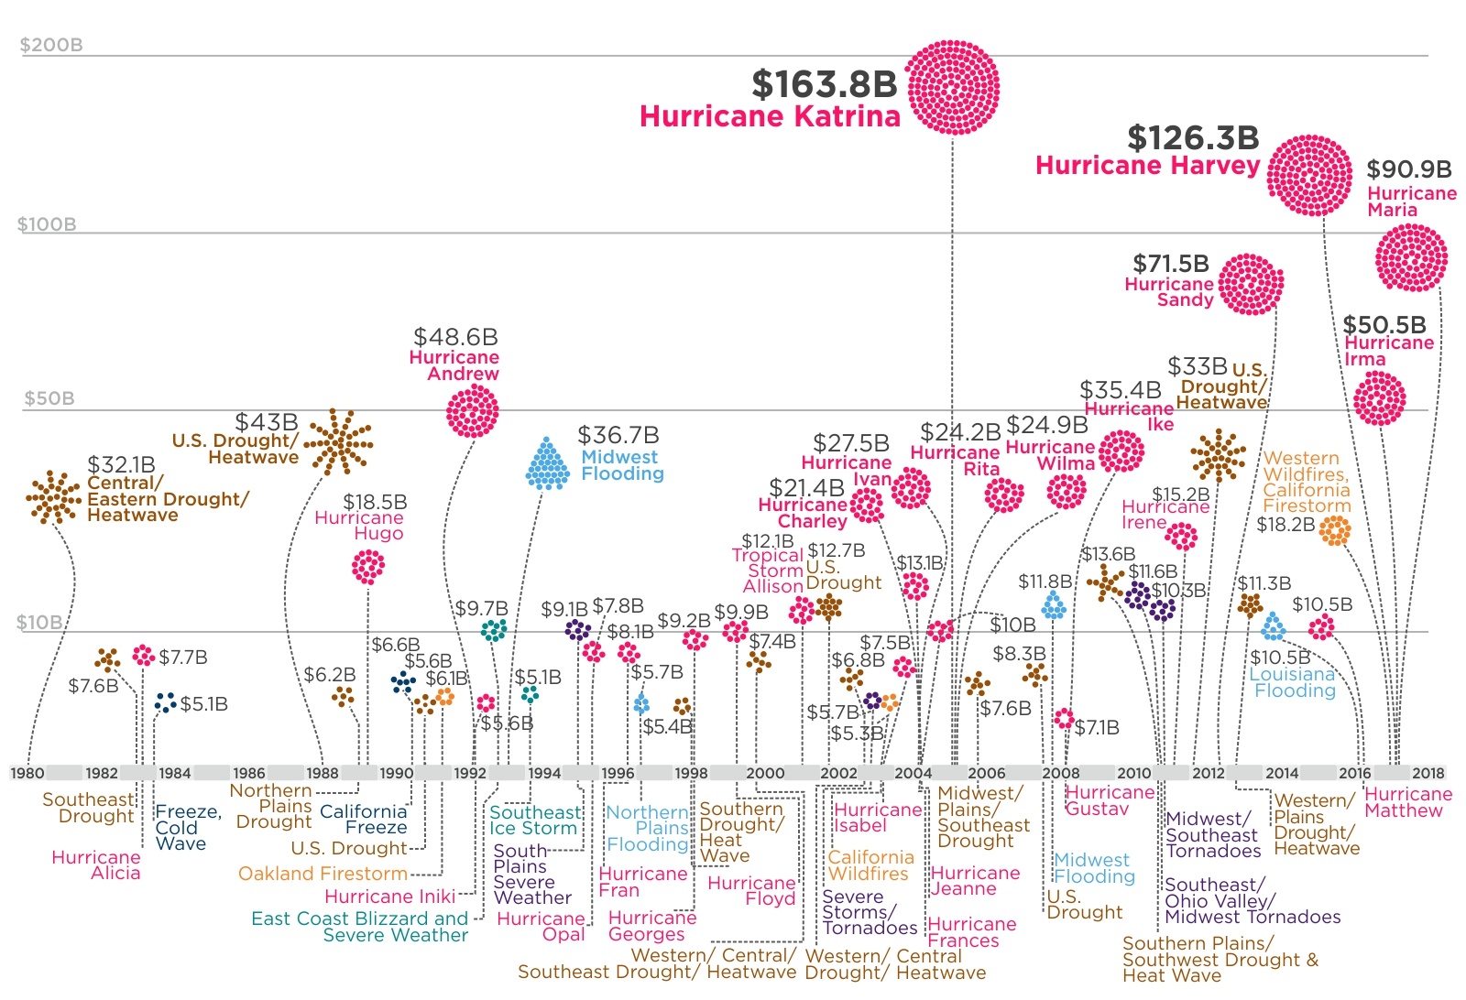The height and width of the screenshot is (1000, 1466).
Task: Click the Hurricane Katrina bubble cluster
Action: click(952, 88)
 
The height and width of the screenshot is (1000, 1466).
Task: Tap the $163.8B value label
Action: click(824, 84)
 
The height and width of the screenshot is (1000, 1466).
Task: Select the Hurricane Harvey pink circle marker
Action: click(1309, 175)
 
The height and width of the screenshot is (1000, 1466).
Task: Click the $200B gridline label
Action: click(51, 45)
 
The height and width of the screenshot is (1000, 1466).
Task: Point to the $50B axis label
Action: click(49, 398)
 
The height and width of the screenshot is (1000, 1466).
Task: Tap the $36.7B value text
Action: click(618, 435)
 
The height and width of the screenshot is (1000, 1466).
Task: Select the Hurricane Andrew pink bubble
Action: click(472, 411)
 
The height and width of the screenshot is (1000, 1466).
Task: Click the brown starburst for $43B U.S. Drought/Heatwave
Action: click(338, 442)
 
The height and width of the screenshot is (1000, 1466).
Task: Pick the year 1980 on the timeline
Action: click(27, 773)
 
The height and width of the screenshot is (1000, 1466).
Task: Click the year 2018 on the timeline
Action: click(1428, 773)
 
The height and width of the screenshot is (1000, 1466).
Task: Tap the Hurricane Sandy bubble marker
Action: click(1251, 285)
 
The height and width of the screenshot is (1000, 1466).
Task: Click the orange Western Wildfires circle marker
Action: click(1335, 529)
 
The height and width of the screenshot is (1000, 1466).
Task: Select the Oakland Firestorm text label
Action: click(323, 874)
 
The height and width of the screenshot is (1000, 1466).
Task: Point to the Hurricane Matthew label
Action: click(1407, 802)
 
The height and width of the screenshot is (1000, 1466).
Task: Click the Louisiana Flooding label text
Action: click(1294, 682)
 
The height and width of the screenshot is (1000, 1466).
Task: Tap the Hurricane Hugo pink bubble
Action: click(368, 567)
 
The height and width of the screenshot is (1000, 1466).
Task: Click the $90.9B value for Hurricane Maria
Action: click(1408, 169)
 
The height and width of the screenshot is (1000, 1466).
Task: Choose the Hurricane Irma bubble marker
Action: click(1379, 398)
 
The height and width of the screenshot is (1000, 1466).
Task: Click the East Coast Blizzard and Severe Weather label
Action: click(360, 927)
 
